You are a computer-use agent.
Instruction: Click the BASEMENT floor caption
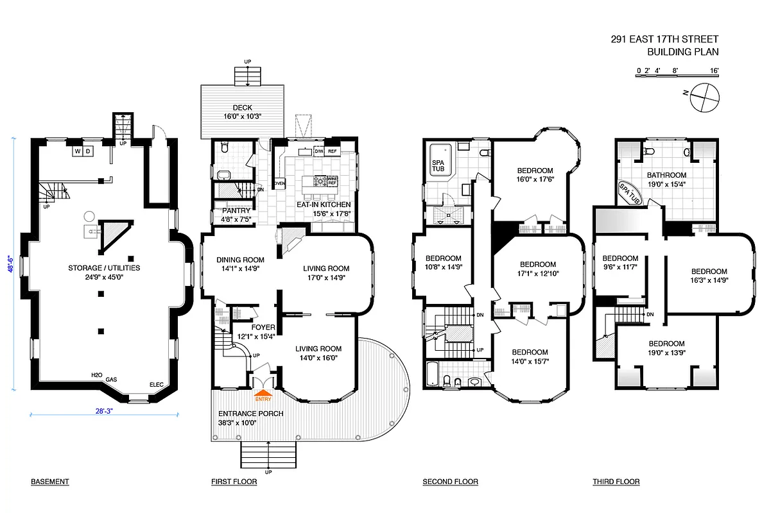click(x=49, y=482)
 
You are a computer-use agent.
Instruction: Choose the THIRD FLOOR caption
click(x=616, y=482)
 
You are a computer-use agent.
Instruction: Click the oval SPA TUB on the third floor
click(x=630, y=191)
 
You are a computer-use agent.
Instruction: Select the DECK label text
click(x=241, y=107)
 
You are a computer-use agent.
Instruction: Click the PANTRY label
click(x=236, y=210)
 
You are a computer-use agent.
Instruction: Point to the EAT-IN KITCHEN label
click(x=323, y=205)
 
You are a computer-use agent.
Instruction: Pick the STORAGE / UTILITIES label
click(x=104, y=268)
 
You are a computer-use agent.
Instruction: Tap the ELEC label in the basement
click(x=157, y=385)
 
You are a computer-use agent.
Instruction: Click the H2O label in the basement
click(x=97, y=375)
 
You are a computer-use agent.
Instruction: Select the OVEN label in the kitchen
click(x=279, y=183)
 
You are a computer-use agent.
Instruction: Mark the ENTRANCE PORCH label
click(x=250, y=414)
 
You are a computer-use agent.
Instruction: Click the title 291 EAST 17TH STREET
click(x=664, y=39)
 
